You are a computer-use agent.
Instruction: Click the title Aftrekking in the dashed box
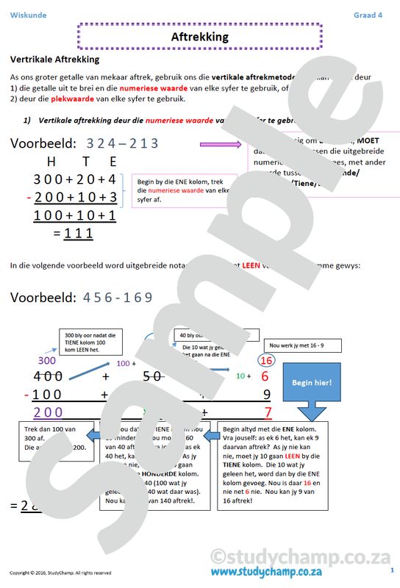tap(199, 36)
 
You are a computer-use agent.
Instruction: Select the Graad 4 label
tap(368, 15)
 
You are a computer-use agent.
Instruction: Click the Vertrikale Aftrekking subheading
tap(54, 60)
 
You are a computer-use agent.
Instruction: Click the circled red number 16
tap(267, 360)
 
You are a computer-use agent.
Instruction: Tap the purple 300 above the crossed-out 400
tap(46, 361)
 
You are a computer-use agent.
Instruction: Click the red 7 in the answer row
tap(268, 412)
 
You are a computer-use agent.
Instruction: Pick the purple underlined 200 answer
tap(49, 412)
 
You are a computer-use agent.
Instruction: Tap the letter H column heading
tap(51, 162)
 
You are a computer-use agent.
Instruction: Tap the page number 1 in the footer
tap(391, 570)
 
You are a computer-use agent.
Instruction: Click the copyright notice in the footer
tap(60, 573)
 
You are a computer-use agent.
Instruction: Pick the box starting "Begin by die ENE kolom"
tap(183, 190)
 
